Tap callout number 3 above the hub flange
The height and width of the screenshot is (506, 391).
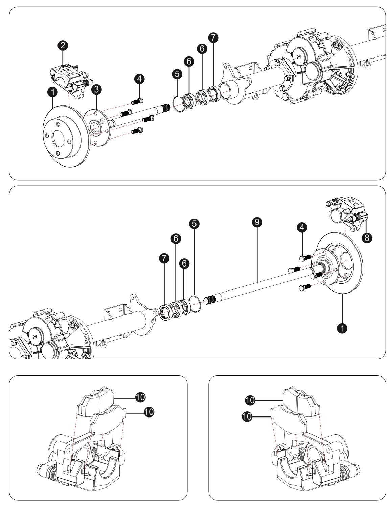(96, 90)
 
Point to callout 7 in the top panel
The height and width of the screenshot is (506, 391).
(213, 37)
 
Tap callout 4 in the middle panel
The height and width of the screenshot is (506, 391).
(302, 227)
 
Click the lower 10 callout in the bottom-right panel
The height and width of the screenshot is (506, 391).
(247, 416)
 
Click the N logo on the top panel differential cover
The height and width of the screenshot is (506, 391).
(298, 57)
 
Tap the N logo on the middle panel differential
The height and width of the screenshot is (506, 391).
(34, 337)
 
